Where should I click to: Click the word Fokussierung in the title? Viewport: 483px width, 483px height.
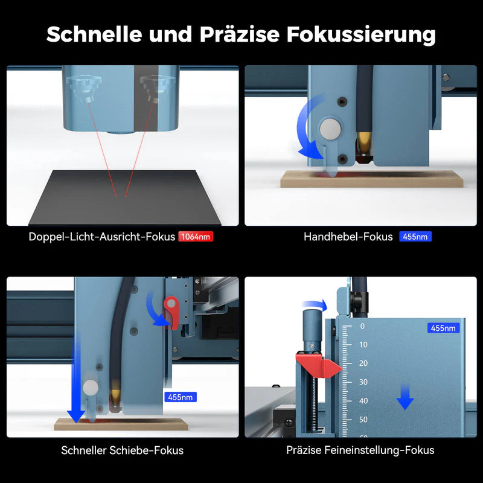tap(361, 35)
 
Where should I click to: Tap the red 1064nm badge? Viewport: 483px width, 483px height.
tap(196, 237)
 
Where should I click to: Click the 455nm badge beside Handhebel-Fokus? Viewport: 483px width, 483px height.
tap(415, 237)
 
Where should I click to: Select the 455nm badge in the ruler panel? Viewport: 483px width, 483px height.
tap(443, 328)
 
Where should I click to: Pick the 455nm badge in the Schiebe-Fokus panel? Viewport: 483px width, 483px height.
tap(181, 397)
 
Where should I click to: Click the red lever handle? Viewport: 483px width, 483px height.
tap(171, 312)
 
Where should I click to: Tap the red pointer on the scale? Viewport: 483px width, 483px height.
tap(319, 365)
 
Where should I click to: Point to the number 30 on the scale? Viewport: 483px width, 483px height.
tap(363, 382)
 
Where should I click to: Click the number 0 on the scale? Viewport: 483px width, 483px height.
tap(362, 326)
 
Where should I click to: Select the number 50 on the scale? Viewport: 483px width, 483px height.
tap(363, 419)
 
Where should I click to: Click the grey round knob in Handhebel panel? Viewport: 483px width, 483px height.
tap(330, 129)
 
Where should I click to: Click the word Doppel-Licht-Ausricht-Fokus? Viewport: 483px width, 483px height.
tap(101, 237)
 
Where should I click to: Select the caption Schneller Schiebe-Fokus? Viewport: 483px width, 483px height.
tap(123, 450)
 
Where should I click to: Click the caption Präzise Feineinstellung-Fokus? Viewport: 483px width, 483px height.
tap(360, 450)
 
